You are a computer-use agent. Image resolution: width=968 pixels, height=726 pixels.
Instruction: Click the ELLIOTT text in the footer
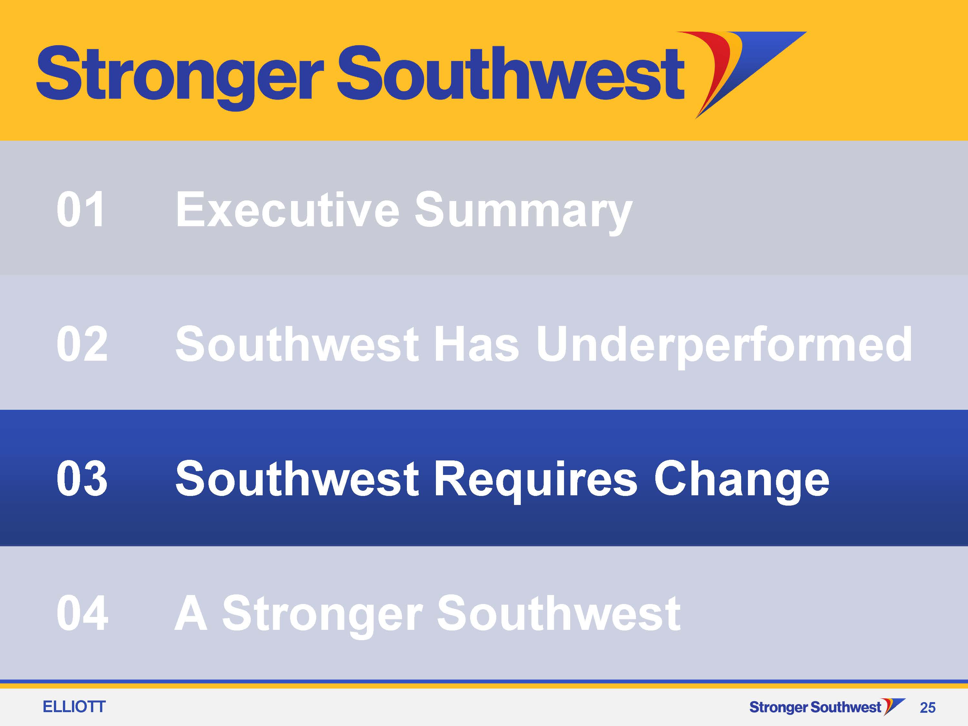click(74, 707)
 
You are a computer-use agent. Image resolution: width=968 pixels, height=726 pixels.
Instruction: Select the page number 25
click(928, 708)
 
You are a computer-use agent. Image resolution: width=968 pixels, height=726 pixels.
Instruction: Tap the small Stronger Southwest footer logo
click(827, 707)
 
